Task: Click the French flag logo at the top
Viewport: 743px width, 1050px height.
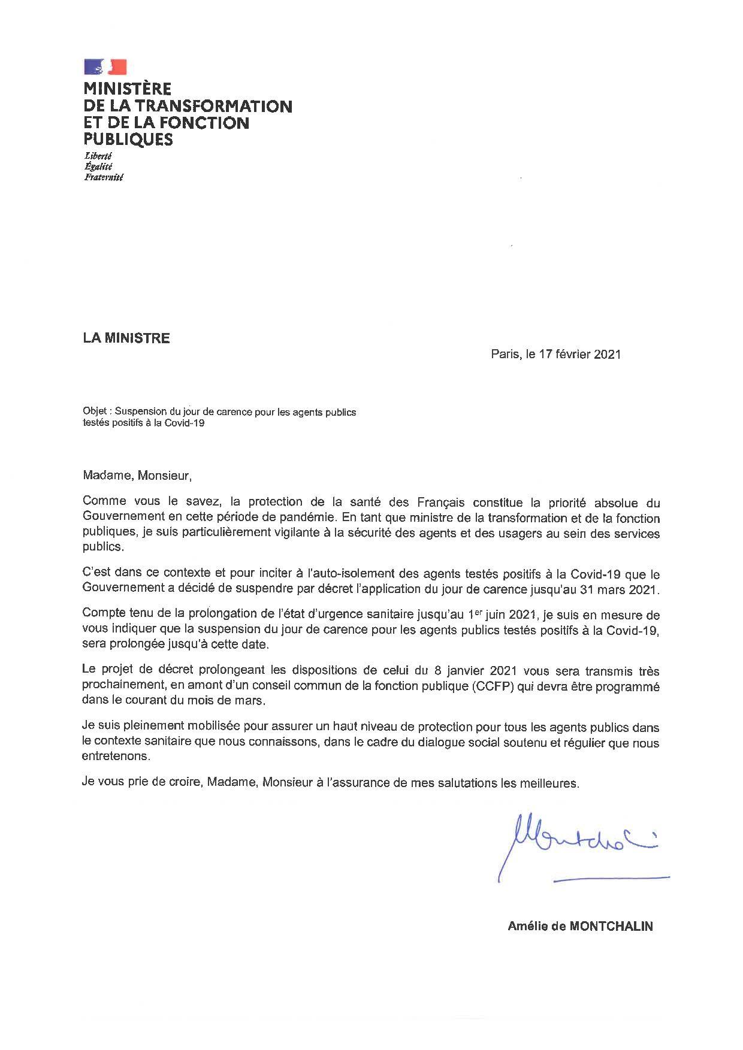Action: [105, 67]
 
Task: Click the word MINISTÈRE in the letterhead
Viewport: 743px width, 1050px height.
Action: [127, 89]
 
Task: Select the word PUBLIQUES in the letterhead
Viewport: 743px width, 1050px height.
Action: [128, 140]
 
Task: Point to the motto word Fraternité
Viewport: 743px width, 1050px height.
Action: [103, 177]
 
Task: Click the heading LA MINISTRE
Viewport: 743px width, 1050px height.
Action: [126, 338]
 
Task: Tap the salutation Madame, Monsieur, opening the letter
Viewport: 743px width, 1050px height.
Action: [137, 476]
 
